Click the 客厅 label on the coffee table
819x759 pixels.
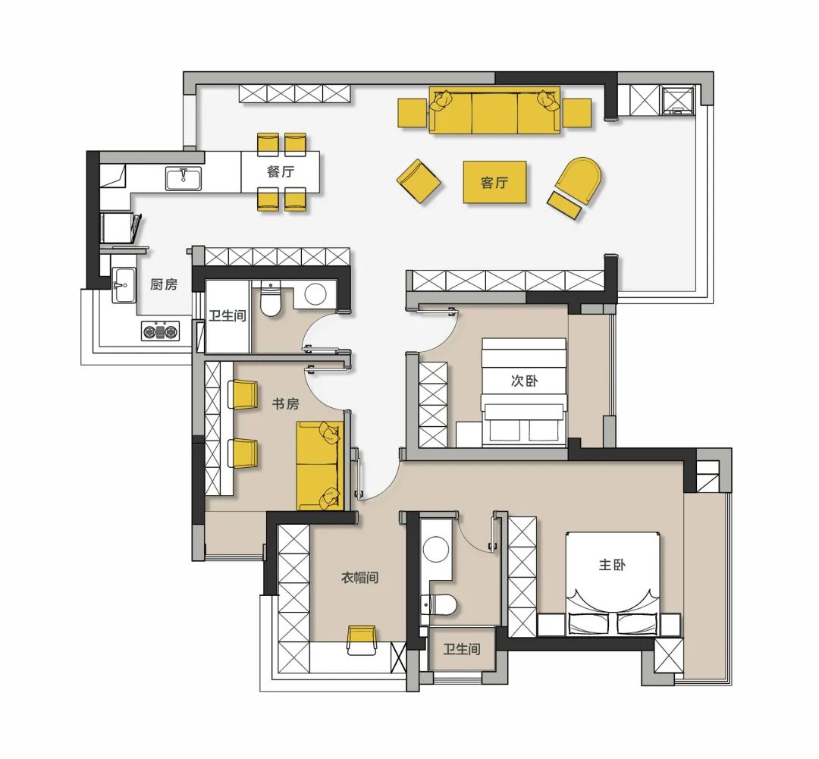click(x=494, y=182)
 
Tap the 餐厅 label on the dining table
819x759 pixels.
click(x=281, y=171)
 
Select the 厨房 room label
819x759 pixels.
click(x=164, y=284)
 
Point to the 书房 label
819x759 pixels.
click(x=286, y=404)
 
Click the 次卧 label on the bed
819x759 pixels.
click(x=524, y=381)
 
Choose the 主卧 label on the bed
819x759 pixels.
click(x=612, y=565)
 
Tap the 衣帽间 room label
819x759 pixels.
click(x=359, y=577)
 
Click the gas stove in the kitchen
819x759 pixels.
click(x=160, y=331)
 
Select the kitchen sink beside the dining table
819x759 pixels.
click(x=184, y=178)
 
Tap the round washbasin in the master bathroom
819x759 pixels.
click(x=435, y=550)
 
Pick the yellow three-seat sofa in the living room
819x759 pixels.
click(x=494, y=111)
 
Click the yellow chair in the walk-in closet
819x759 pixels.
click(x=362, y=639)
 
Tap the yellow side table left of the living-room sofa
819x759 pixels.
click(x=412, y=113)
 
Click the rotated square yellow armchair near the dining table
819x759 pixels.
click(x=419, y=182)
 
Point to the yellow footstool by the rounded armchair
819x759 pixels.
click(x=565, y=205)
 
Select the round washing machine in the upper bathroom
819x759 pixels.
click(x=315, y=295)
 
